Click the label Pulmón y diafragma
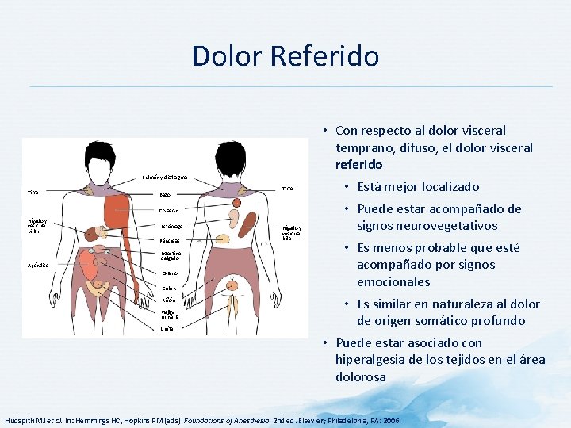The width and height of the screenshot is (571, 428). (165, 178)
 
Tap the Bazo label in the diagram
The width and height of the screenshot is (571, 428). (165, 194)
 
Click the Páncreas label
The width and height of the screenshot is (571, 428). (169, 240)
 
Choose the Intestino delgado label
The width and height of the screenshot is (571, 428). (171, 257)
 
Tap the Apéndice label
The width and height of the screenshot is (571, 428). (39, 266)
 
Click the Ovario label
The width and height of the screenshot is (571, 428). (169, 273)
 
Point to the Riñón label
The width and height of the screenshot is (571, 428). (168, 300)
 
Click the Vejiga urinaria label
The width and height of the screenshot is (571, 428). (170, 314)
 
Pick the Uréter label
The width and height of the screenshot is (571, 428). (167, 328)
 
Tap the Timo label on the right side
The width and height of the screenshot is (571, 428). (287, 189)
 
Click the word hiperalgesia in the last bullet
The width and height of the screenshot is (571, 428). (370, 360)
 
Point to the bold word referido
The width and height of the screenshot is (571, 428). (359, 165)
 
